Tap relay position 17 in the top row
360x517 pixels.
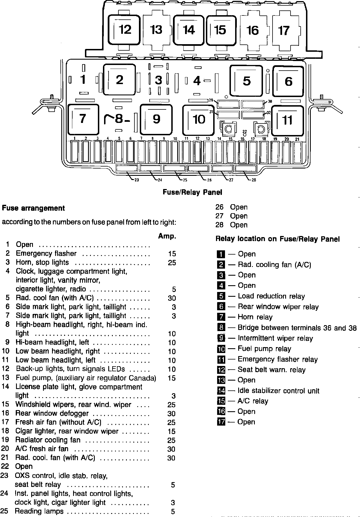(284, 30)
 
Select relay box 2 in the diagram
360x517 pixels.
(120, 80)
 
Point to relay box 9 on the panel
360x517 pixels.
(156, 119)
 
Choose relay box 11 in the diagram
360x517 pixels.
(287, 120)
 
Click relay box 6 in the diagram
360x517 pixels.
(289, 81)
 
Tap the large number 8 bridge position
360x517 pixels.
(119, 119)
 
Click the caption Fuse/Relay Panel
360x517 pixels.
(192, 192)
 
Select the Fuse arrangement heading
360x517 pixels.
(33, 208)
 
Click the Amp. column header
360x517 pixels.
(167, 236)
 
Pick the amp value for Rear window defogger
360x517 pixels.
(171, 414)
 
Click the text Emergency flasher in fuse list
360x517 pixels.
(46, 253)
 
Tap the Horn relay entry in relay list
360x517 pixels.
(255, 317)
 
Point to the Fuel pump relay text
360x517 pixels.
(264, 349)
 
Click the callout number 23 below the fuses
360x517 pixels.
(137, 180)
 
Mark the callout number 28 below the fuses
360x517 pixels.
(254, 180)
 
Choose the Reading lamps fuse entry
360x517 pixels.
(39, 511)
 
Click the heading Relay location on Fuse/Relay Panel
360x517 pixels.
(277, 239)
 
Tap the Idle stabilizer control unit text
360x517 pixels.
(278, 391)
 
